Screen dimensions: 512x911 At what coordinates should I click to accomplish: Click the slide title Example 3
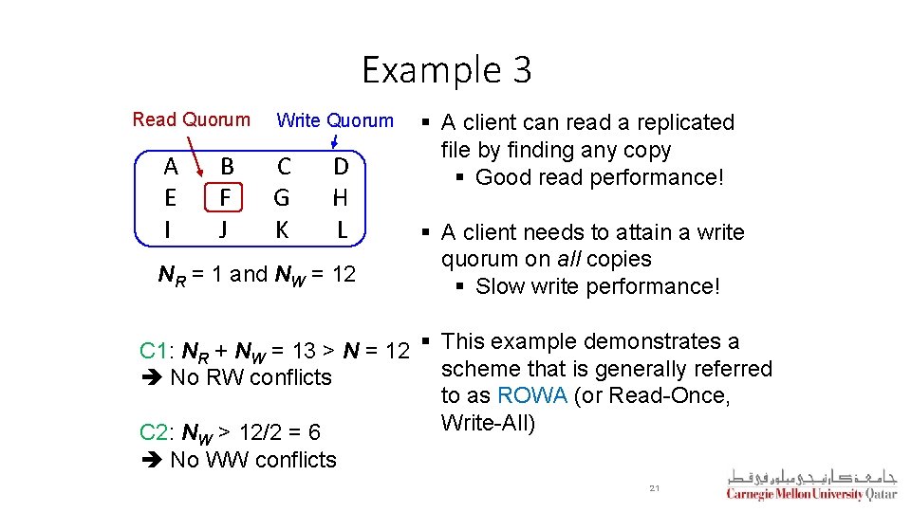[447, 70]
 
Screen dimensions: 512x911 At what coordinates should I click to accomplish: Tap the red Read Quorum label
[192, 119]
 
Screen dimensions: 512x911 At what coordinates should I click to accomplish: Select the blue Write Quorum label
[334, 120]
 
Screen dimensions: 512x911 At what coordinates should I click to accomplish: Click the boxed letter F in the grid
[225, 198]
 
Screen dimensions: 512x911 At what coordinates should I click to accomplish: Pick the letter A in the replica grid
[171, 168]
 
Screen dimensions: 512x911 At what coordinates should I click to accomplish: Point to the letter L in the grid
[342, 229]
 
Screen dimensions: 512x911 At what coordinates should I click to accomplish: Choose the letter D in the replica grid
[341, 168]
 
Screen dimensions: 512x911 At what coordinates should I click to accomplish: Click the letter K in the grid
[282, 229]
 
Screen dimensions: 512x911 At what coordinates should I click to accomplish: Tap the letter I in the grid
[168, 229]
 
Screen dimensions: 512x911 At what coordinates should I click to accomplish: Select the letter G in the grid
[282, 198]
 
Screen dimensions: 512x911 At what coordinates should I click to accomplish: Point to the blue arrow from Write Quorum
[336, 140]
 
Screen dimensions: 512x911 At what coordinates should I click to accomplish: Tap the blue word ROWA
[531, 396]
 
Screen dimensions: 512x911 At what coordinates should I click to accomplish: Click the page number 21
[654, 487]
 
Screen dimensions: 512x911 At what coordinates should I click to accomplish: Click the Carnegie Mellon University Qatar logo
[811, 485]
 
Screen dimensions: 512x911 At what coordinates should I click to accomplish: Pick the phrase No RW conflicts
[251, 377]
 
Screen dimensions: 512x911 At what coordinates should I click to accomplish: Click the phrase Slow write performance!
[598, 286]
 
